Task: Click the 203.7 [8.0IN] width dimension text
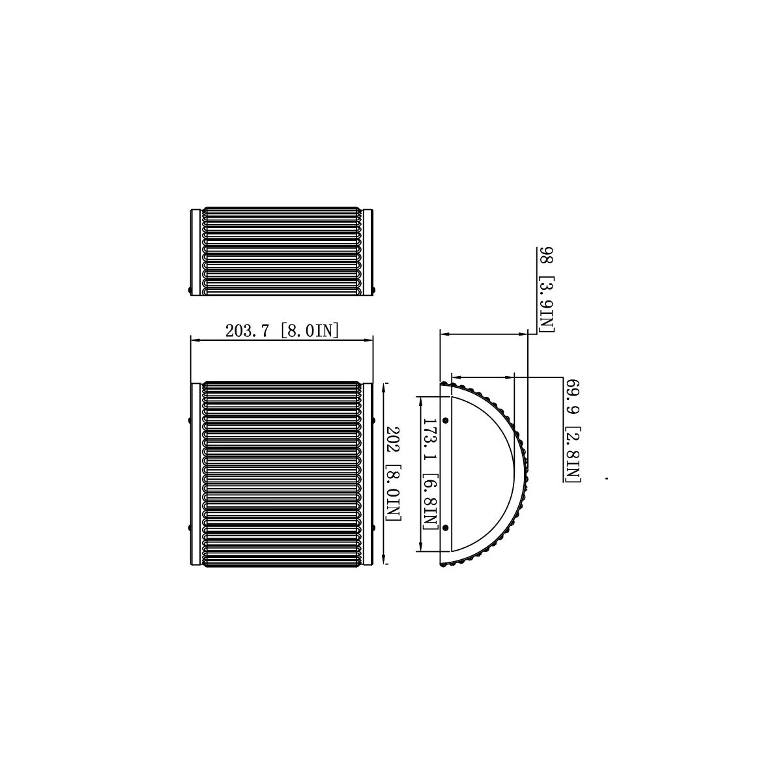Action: (x=282, y=331)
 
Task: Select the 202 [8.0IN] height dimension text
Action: (x=393, y=473)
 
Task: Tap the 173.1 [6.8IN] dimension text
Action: (x=431, y=474)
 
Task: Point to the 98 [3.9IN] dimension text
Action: (x=546, y=289)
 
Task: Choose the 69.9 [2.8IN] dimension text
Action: (x=573, y=431)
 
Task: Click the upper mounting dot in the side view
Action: (x=446, y=420)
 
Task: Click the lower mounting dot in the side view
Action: (x=446, y=528)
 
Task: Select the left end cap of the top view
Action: (x=195, y=252)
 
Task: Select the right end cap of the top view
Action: (x=368, y=252)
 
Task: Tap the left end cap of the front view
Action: (x=195, y=473)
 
